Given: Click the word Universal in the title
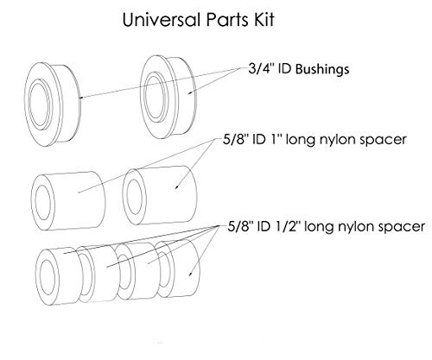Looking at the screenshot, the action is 162,20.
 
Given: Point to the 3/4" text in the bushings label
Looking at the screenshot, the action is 260,69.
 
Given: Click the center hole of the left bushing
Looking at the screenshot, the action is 39,104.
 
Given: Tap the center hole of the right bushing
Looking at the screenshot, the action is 155,96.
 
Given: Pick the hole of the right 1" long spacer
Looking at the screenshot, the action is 134,197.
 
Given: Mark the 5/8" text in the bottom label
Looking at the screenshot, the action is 239,226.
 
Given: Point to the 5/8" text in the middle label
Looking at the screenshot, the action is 235,139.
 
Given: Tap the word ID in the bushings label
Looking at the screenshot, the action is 284,69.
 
